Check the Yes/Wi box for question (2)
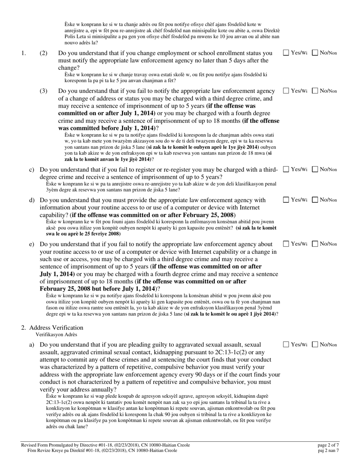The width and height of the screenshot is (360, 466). click(x=286, y=53)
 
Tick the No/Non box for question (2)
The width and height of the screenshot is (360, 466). click(x=315, y=53)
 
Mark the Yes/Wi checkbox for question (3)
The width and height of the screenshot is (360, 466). click(x=286, y=91)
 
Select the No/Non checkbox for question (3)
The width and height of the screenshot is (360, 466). click(x=315, y=91)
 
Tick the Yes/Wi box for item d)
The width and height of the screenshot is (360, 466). click(x=286, y=200)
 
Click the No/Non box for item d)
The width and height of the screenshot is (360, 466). click(x=315, y=200)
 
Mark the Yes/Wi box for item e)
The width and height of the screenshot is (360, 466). click(x=286, y=244)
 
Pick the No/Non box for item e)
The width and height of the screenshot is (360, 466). click(x=315, y=244)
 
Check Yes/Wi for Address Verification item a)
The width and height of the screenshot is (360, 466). click(x=286, y=345)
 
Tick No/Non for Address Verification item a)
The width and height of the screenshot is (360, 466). click(x=315, y=345)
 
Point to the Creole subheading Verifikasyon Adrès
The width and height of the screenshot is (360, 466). click(x=56, y=335)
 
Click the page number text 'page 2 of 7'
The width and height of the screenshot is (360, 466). click(x=328, y=445)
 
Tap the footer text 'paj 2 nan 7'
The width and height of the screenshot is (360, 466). click(x=329, y=450)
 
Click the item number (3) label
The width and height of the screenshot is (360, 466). click(x=44, y=91)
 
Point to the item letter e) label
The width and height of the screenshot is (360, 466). click(x=32, y=244)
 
